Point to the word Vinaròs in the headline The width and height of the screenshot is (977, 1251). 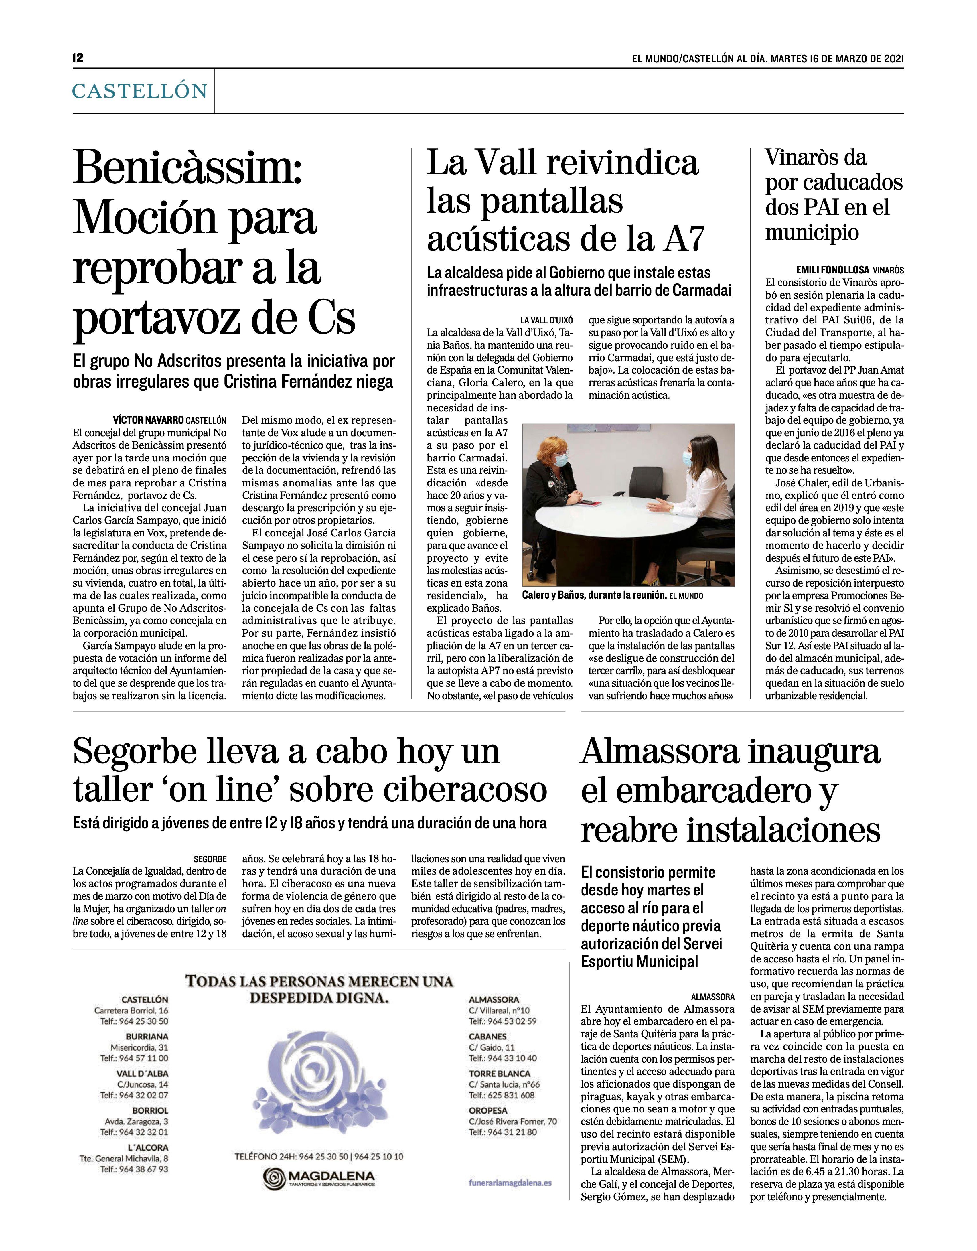coord(816,157)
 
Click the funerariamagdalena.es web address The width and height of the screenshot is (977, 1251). coord(510,1182)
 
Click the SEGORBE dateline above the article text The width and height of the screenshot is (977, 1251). coord(210,859)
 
